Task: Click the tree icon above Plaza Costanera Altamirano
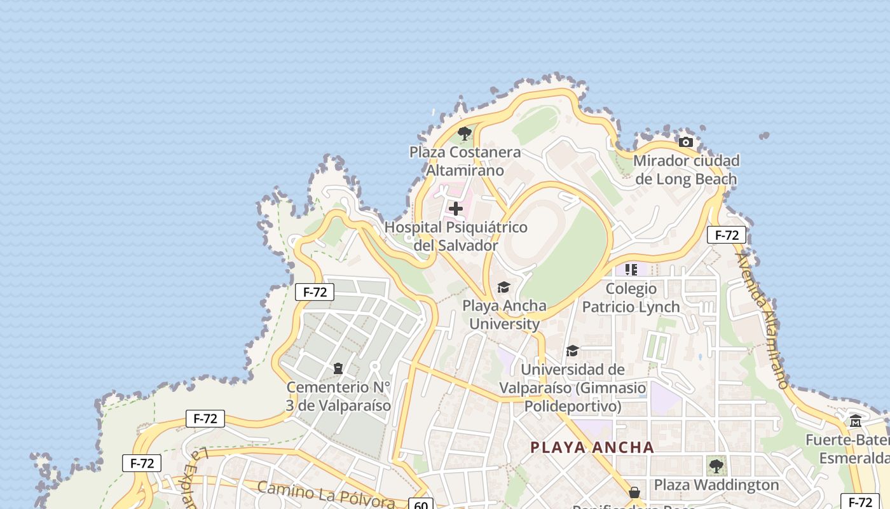click(x=465, y=134)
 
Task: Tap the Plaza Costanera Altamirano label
click(x=465, y=162)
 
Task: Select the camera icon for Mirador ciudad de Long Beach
click(x=685, y=142)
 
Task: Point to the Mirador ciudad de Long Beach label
click(x=686, y=170)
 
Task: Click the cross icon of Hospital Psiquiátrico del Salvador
click(x=456, y=208)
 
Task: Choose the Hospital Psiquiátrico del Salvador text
click(x=456, y=236)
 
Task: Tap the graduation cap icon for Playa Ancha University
click(x=503, y=288)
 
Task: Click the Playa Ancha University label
click(x=504, y=315)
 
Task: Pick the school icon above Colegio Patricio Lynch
click(x=631, y=270)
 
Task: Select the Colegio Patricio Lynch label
click(x=631, y=298)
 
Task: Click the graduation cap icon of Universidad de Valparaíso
click(x=572, y=351)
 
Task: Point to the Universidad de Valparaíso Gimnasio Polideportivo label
click(x=572, y=387)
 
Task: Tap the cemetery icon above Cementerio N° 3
click(x=338, y=368)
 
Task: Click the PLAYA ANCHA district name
click(x=592, y=447)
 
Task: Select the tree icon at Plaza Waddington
click(x=716, y=466)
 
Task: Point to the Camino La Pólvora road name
click(x=326, y=495)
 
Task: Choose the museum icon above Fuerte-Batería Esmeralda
click(x=856, y=421)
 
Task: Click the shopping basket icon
click(x=634, y=492)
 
